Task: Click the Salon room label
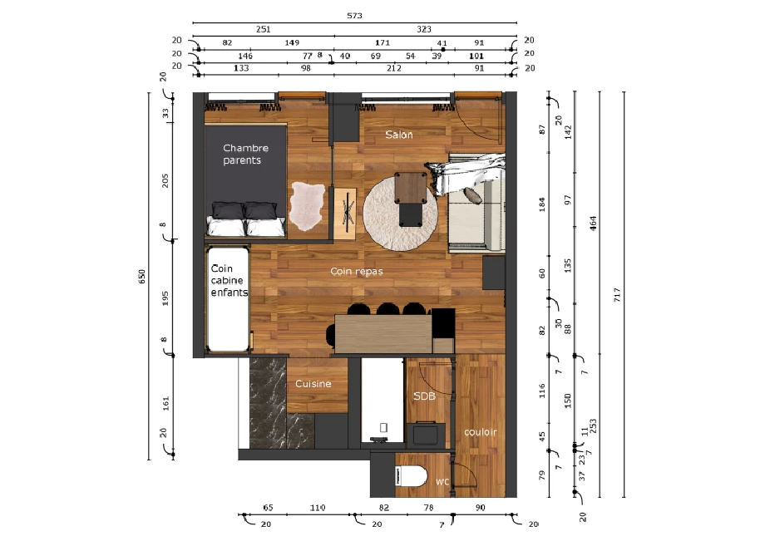399,135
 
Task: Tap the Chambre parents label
245,155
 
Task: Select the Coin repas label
356,271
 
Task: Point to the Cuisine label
313,384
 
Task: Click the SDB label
424,396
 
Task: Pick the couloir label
481,432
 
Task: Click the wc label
443,481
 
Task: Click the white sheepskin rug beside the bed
305,207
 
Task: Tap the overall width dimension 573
354,16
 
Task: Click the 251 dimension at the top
263,29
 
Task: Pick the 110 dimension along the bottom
318,507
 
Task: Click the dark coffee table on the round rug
411,198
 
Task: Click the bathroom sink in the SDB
429,434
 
